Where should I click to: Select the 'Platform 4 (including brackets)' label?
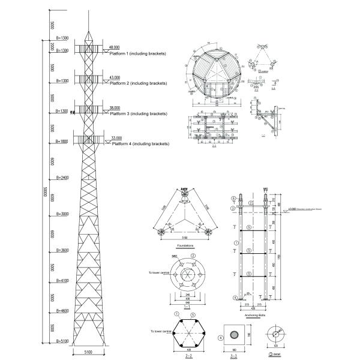(x=140, y=144)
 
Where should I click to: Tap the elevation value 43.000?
(x=114, y=77)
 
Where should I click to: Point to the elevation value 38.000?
(x=114, y=108)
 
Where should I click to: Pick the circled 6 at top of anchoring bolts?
(x=234, y=198)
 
